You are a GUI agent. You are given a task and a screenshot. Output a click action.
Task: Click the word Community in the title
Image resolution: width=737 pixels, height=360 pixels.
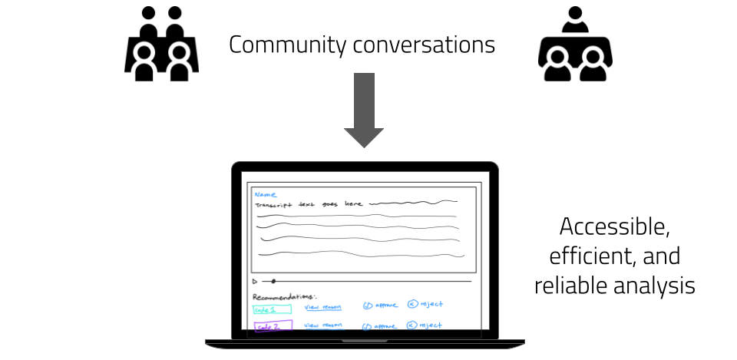(288, 45)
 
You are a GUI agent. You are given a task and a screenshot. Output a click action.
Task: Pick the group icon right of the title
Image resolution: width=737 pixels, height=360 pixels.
(575, 47)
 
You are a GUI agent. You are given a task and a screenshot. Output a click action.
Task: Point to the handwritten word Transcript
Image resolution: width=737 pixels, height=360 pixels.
(275, 205)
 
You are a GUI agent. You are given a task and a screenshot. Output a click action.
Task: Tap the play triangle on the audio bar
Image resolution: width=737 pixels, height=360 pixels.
(255, 282)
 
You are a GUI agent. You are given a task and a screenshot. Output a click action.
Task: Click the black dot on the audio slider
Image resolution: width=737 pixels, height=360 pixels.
(273, 282)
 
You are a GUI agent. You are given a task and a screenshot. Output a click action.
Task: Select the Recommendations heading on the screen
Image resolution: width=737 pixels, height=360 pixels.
(283, 296)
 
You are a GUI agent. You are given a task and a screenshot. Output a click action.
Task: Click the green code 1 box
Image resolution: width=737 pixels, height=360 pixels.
(272, 309)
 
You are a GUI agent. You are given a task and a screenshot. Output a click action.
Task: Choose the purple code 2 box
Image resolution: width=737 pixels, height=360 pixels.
(273, 326)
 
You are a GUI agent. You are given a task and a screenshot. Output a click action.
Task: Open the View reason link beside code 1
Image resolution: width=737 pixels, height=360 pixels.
(322, 308)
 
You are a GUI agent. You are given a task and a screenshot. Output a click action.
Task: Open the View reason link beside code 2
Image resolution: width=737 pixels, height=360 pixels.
(322, 325)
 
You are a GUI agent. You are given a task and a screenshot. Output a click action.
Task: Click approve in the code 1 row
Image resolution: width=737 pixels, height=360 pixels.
(381, 306)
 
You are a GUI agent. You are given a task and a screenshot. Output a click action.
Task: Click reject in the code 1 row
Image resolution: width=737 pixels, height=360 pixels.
(425, 305)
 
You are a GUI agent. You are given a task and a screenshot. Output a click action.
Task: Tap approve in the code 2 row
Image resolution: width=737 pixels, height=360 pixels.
(381, 325)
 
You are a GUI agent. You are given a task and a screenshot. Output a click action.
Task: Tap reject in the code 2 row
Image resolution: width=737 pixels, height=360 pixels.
(425, 325)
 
